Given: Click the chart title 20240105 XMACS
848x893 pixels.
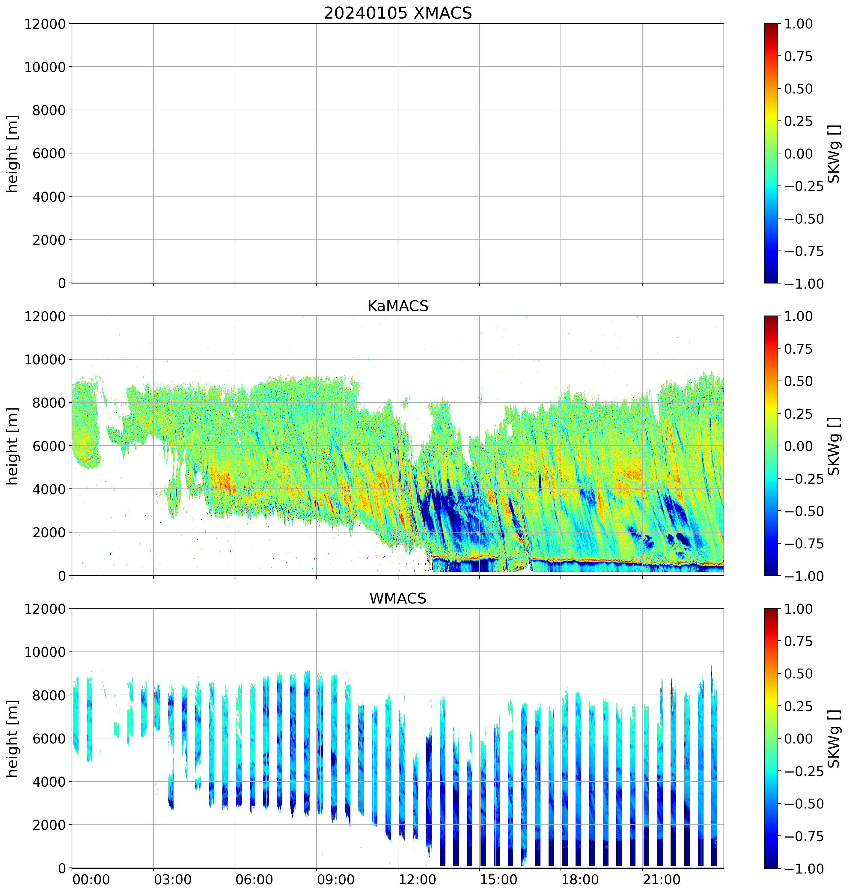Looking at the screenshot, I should tap(398, 13).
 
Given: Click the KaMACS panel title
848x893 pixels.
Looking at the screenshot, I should tap(398, 306).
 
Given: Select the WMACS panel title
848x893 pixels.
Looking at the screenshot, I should tap(398, 598).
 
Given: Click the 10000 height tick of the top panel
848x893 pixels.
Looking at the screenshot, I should tap(45, 67).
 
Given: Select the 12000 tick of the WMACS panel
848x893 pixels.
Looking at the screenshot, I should tap(45, 609).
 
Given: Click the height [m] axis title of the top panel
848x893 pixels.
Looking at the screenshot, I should tap(13, 154).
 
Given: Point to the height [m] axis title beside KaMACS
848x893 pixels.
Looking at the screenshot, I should tap(13, 446).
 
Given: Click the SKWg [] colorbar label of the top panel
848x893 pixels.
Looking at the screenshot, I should tap(834, 154).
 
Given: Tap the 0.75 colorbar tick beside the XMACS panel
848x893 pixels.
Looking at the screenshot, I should tap(798, 57).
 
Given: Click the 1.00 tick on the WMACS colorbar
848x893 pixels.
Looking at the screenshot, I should tap(798, 609).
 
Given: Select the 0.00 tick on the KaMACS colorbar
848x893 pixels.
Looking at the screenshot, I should tap(798, 446).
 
